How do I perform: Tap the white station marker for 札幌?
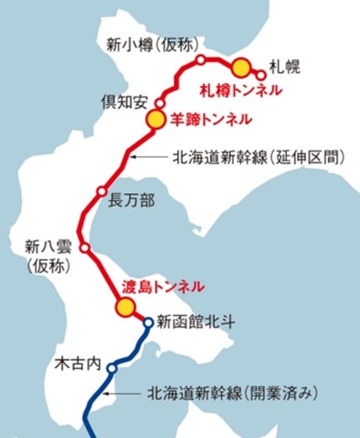coord(261,74)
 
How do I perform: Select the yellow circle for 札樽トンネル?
coord(240,68)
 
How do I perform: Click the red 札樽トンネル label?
coord(241,91)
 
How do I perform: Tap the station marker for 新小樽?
coord(200,58)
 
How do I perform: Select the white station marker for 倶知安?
coord(160,103)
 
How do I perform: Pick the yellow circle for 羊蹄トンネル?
coord(154,118)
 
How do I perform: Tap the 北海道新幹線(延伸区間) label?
coord(259,157)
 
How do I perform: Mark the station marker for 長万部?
coord(101,192)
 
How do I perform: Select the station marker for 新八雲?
coord(85,247)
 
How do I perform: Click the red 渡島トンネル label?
coord(163,286)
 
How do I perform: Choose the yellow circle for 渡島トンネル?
coord(124,306)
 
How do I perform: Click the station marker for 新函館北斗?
coord(148,322)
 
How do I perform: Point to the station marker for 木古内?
coord(112,368)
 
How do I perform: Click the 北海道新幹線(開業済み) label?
coord(234,392)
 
